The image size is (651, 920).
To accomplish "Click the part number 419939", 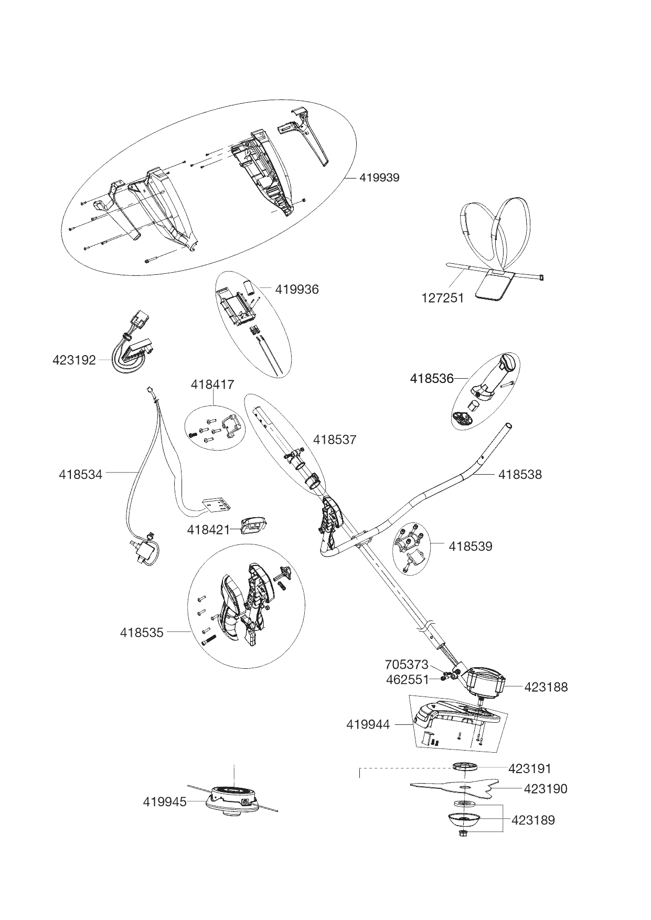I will tap(379, 178).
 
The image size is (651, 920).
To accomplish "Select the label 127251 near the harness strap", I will tap(443, 298).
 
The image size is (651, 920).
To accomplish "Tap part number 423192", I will tap(74, 360).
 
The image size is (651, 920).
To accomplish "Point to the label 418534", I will tap(81, 475).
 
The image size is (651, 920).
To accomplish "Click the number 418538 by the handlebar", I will tap(520, 475).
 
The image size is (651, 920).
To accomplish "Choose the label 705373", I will tap(407, 665).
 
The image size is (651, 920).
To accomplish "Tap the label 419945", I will tap(165, 802).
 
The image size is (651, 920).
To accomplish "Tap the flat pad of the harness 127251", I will tap(494, 286).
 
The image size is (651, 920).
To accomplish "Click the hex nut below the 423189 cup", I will tap(464, 833).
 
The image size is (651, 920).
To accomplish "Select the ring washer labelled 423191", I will tap(465, 767).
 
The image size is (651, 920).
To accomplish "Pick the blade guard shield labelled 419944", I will tap(451, 716).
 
